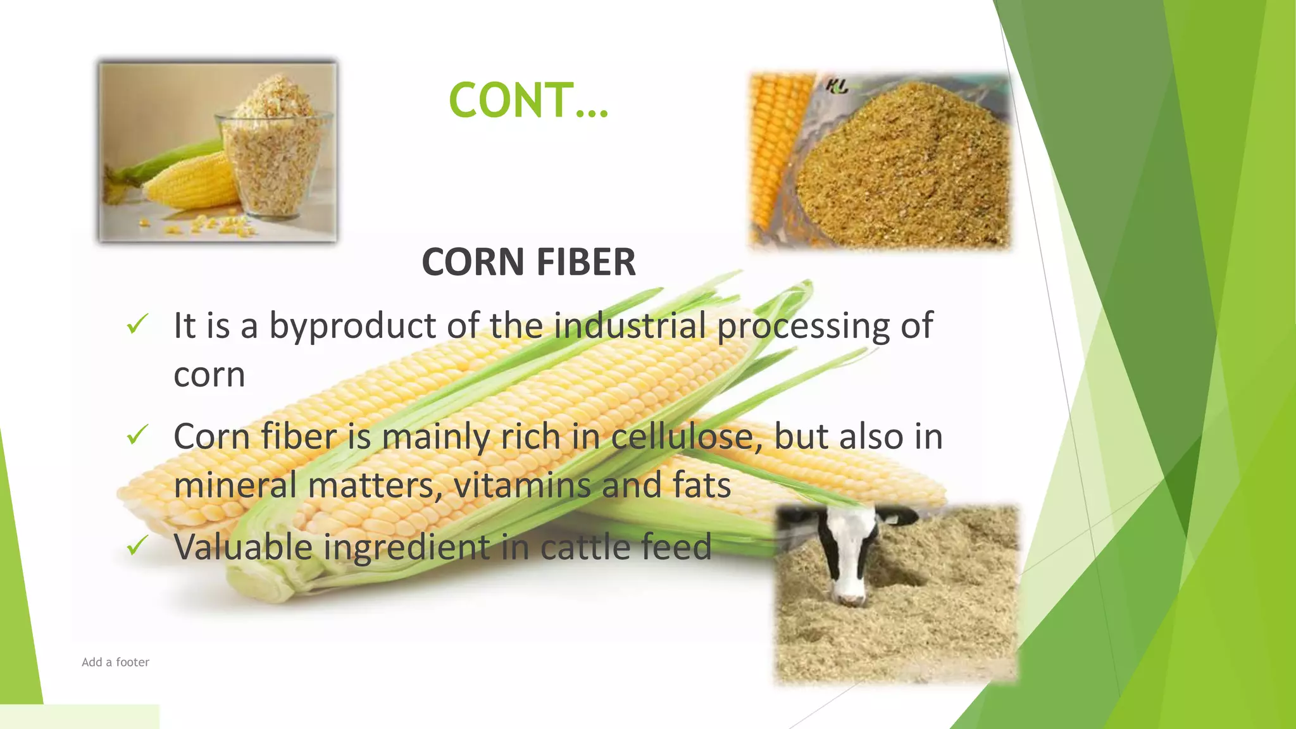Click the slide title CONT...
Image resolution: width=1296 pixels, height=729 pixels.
tap(528, 100)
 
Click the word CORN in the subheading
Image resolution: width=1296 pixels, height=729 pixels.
tap(473, 262)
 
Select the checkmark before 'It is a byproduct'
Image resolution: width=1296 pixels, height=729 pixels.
tap(137, 324)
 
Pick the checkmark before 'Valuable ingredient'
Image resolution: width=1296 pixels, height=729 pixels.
tap(137, 545)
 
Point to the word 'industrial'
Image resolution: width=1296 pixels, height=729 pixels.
tap(630, 325)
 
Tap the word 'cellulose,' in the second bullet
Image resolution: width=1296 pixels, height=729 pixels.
tap(687, 436)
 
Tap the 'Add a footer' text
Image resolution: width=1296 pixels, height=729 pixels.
tap(115, 662)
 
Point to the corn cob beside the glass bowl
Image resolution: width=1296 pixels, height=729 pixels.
tap(190, 184)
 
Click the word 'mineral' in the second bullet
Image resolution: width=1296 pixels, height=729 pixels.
tap(235, 485)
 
